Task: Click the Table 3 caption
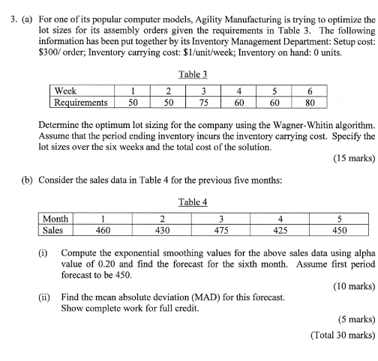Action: pyautogui.click(x=193, y=75)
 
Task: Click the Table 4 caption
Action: pyautogui.click(x=193, y=201)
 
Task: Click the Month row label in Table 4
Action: pyautogui.click(x=57, y=219)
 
